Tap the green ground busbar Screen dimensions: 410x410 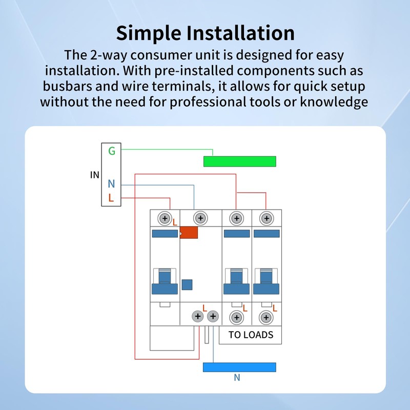pyautogui.click(x=239, y=161)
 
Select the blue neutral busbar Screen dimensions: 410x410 pyautogui.click(x=239, y=367)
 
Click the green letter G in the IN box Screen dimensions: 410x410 pyautogui.click(x=111, y=151)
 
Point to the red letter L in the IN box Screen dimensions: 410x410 pyautogui.click(x=111, y=198)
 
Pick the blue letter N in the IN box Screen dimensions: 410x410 pyautogui.click(x=111, y=184)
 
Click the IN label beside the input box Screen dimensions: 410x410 pyautogui.click(x=94, y=175)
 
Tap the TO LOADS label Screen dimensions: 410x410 pyautogui.click(x=251, y=335)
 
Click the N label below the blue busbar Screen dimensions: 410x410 pyautogui.click(x=237, y=378)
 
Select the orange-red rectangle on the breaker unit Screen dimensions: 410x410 pyautogui.click(x=189, y=233)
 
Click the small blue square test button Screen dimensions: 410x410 pyautogui.click(x=187, y=285)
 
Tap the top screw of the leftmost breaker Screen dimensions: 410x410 pyautogui.click(x=165, y=219)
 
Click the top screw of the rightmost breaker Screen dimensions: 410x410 pyautogui.click(x=265, y=219)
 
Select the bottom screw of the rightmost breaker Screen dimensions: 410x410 pyautogui.click(x=265, y=318)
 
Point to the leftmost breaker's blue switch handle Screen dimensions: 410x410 pyautogui.click(x=165, y=282)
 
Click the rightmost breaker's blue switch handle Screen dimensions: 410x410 pyautogui.click(x=265, y=282)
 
